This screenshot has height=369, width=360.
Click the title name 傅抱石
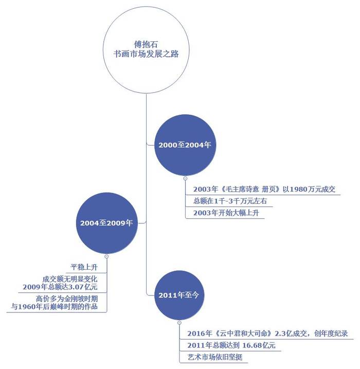(146, 44)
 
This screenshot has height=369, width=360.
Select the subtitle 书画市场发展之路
(146, 54)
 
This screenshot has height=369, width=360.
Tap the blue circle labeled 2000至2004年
(185, 145)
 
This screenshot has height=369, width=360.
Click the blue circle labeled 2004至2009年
(107, 223)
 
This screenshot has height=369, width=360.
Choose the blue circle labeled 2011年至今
(179, 295)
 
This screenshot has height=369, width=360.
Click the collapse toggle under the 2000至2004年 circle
(185, 179)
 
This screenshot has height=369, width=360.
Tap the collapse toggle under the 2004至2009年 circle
(106, 256)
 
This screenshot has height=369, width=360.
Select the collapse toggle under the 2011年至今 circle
(179, 323)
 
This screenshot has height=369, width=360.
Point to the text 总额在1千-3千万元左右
(230, 201)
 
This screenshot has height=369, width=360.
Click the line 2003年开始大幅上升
(226, 213)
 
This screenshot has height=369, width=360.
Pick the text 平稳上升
(84, 267)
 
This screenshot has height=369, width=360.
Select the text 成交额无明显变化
(70, 279)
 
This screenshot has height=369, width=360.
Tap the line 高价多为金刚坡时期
(67, 298)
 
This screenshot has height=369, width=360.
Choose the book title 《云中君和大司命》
(244, 333)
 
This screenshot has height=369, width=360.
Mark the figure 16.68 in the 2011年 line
(252, 345)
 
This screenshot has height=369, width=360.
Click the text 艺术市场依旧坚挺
(215, 357)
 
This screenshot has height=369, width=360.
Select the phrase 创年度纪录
(331, 333)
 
